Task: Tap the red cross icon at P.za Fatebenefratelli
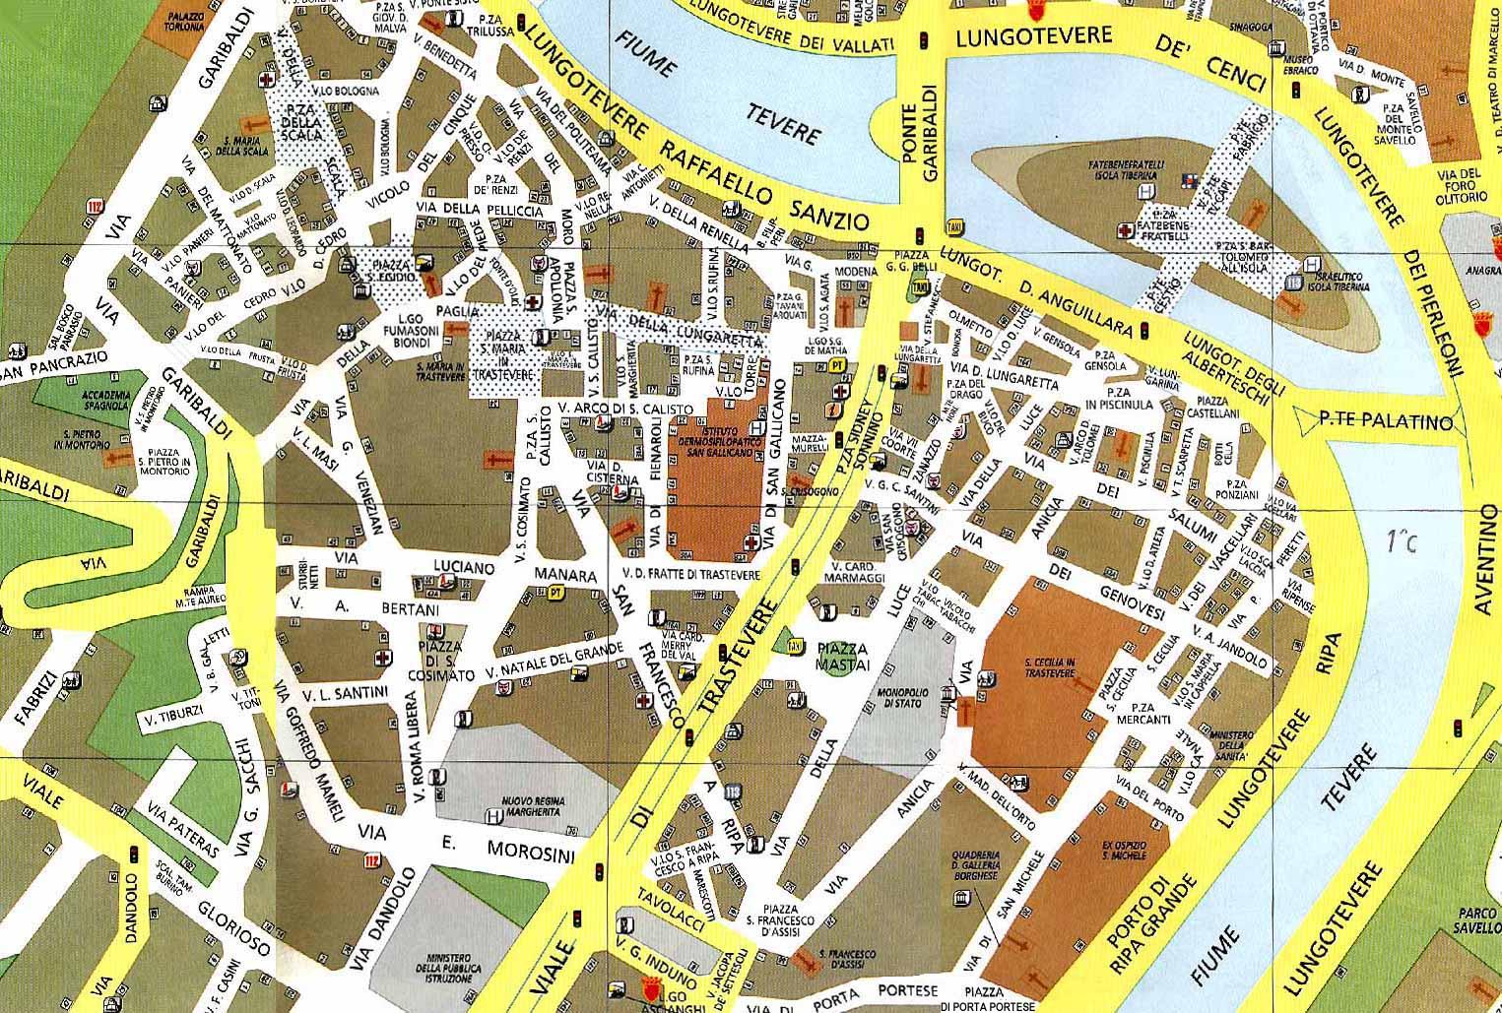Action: [x=1124, y=230]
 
